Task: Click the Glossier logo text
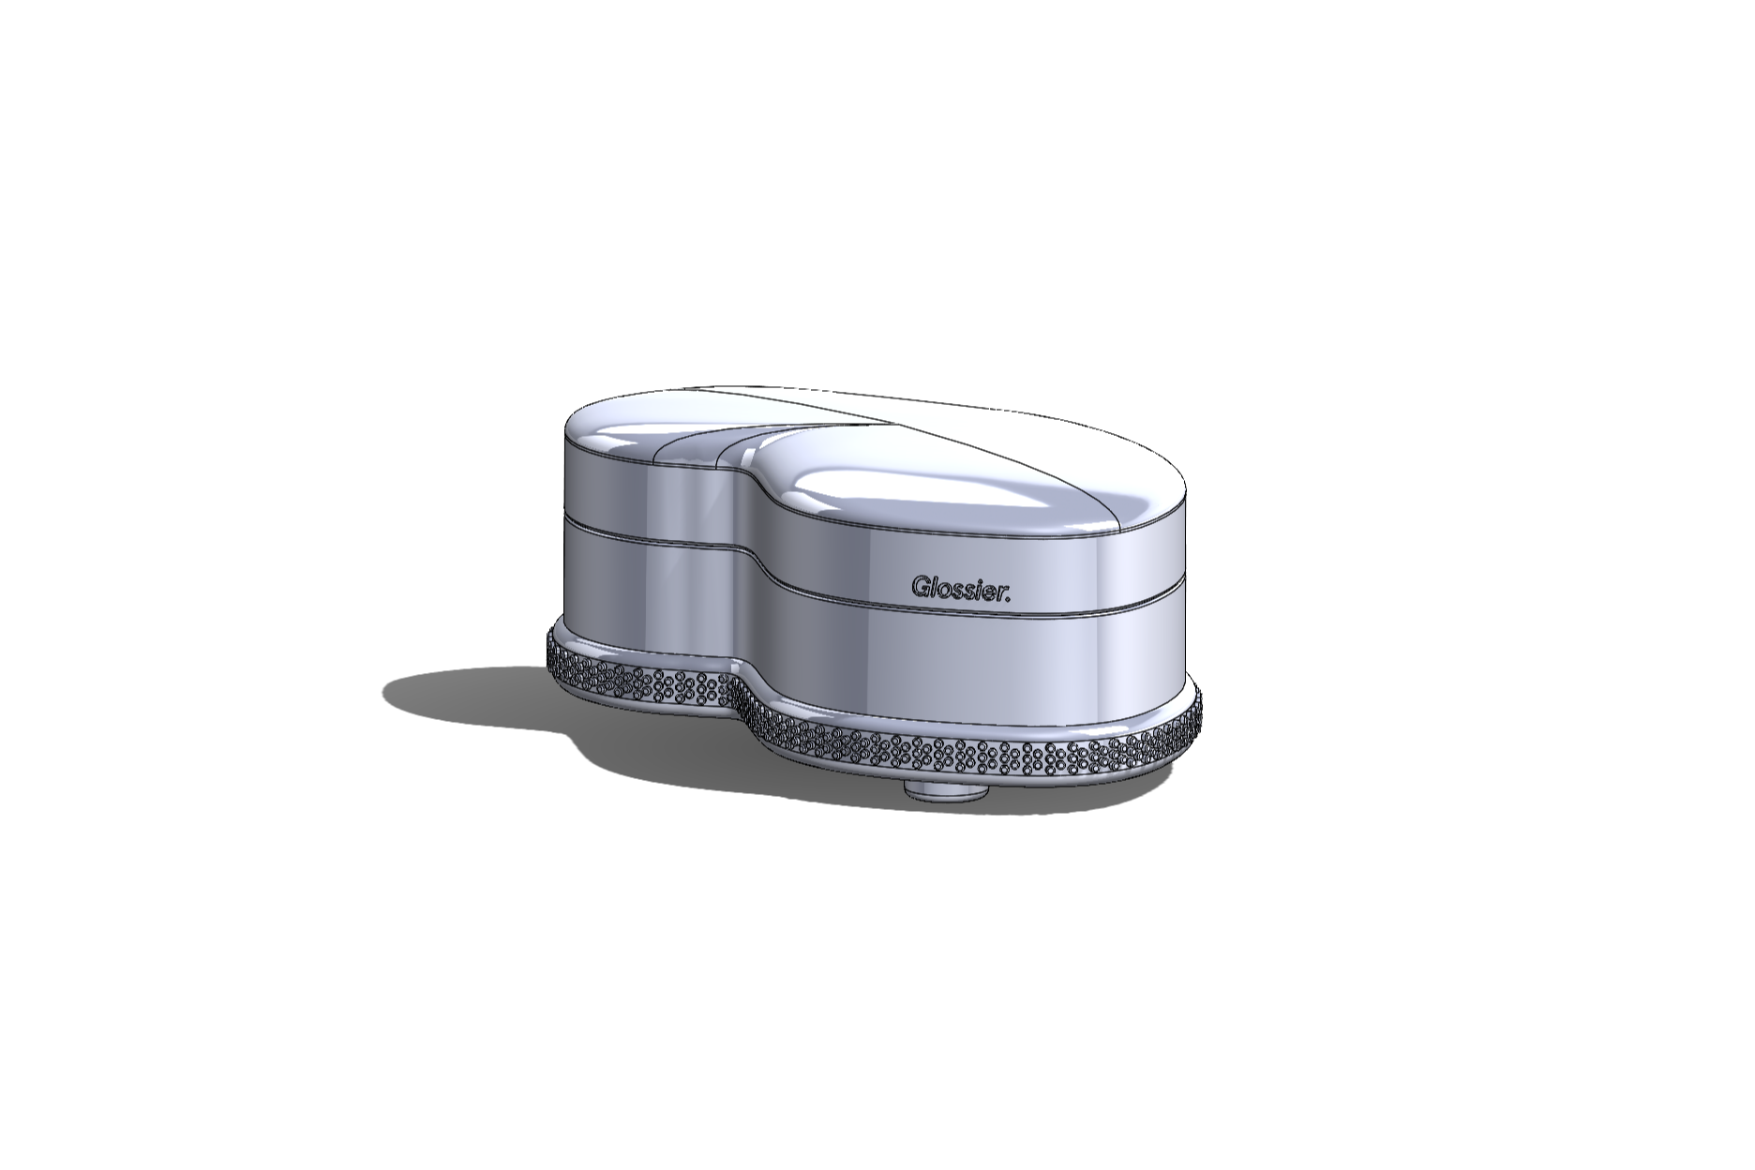(x=961, y=589)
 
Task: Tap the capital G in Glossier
(x=921, y=587)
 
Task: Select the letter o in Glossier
(x=944, y=591)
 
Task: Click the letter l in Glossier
(x=933, y=587)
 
